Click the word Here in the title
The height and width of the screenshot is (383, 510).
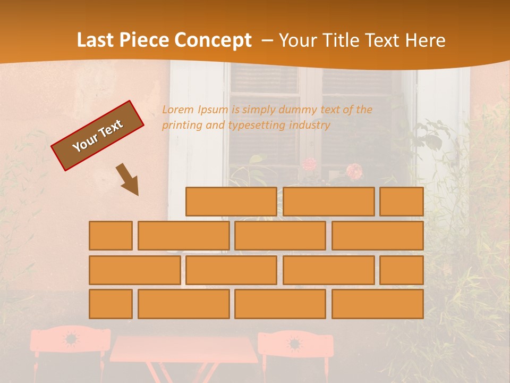pos(425,40)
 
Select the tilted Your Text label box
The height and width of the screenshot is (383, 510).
pos(98,136)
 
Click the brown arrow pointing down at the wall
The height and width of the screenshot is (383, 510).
pos(127,179)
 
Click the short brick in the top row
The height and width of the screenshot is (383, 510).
pos(402,202)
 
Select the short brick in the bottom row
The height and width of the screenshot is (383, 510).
pos(110,304)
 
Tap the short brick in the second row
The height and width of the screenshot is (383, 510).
pos(110,236)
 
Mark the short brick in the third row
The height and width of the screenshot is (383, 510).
pos(402,270)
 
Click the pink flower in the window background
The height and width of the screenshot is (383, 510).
pos(354,171)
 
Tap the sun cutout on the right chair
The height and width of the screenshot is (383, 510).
pos(294,343)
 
